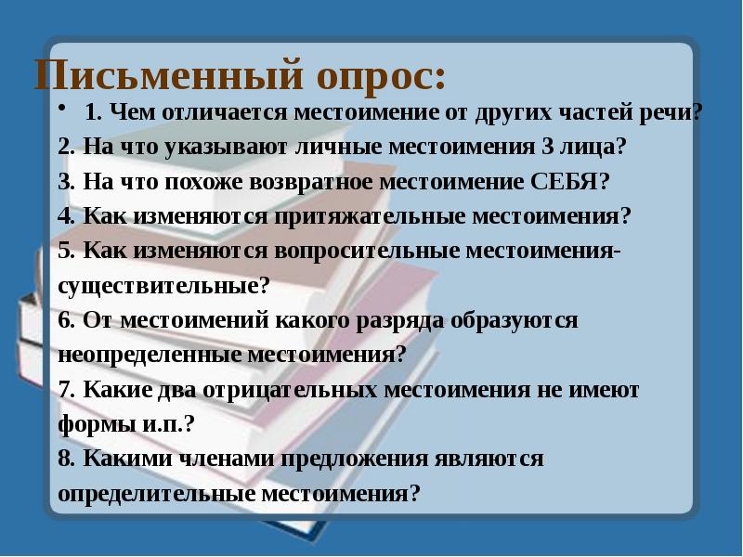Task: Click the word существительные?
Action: [x=163, y=285]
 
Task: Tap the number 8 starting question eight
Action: [x=63, y=459]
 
